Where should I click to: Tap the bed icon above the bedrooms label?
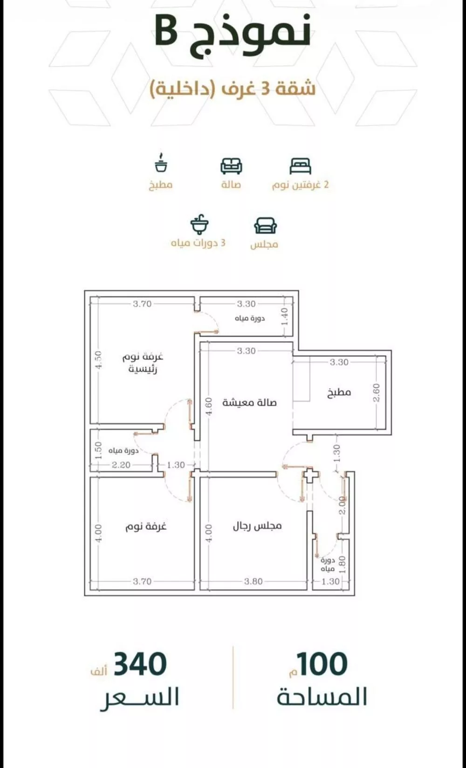click(300, 166)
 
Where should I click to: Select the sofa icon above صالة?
click(231, 166)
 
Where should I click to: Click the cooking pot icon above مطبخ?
click(161, 162)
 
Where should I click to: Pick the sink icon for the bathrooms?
click(199, 225)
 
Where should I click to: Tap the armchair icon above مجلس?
click(266, 226)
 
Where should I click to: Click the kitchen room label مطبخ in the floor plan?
click(339, 392)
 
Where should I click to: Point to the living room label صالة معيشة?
click(249, 402)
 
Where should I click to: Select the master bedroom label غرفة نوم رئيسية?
click(143, 363)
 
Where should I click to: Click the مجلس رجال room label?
click(257, 526)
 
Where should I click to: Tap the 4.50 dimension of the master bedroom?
click(98, 360)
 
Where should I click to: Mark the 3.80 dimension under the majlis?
click(253, 581)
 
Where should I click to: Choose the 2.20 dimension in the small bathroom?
click(121, 465)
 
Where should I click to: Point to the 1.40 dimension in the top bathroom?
click(284, 317)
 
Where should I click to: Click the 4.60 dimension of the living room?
click(209, 406)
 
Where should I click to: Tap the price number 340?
click(140, 664)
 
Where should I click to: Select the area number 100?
click(322, 664)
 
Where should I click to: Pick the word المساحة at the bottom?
click(322, 696)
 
